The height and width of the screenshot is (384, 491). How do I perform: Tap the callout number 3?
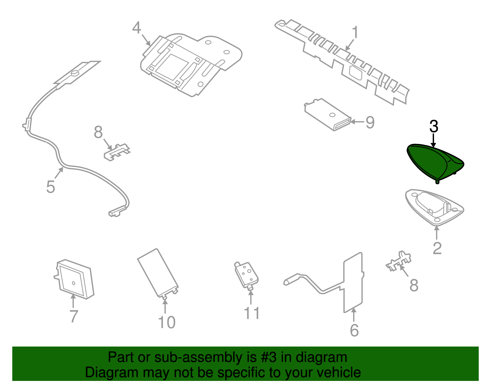pyautogui.click(x=434, y=126)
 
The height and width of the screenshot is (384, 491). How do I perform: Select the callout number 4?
pyautogui.click(x=137, y=28)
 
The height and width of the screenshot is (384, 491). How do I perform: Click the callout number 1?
pyautogui.click(x=355, y=32)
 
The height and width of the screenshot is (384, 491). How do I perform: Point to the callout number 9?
pyautogui.click(x=370, y=122)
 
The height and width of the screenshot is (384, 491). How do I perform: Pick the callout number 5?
pyautogui.click(x=51, y=187)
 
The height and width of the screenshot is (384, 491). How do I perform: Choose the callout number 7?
pyautogui.click(x=74, y=316)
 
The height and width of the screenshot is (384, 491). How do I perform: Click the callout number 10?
pyautogui.click(x=167, y=322)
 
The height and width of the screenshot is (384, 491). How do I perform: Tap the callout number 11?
pyautogui.click(x=252, y=313)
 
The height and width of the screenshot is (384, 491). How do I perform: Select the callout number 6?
pyautogui.click(x=354, y=331)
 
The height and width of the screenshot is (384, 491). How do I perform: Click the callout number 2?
pyautogui.click(x=437, y=248)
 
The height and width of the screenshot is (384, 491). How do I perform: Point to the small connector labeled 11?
pyautogui.click(x=246, y=276)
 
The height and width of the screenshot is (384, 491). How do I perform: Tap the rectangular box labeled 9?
pyautogui.click(x=328, y=114)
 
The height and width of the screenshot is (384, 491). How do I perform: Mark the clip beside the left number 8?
pyautogui.click(x=117, y=152)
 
